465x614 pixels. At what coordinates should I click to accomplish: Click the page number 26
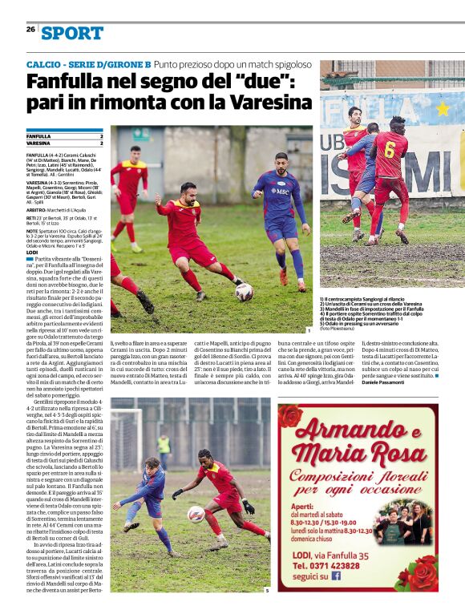pos(30,29)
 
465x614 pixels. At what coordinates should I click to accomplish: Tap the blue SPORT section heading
pos(73,33)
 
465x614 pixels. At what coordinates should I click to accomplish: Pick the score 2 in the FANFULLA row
pos(101,136)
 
